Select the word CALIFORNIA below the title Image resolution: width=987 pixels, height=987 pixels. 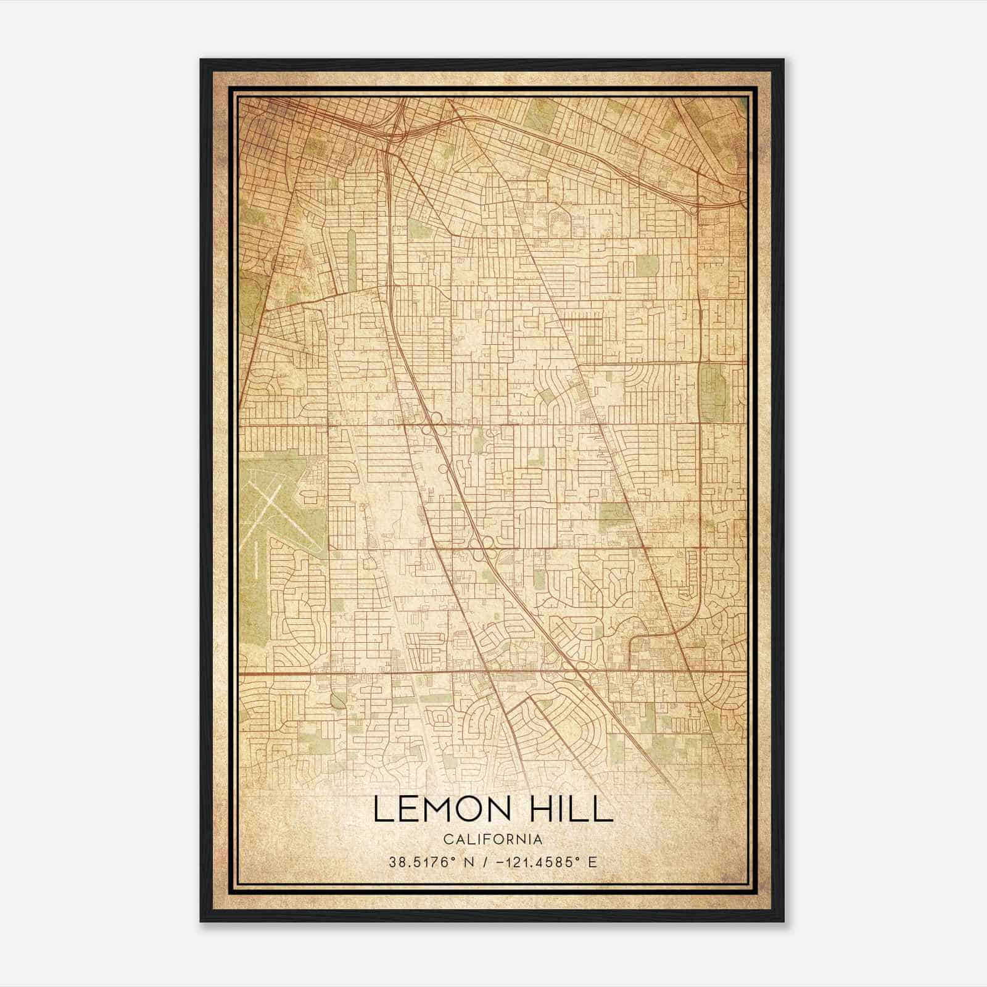point(492,839)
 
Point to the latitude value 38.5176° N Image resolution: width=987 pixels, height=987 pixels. point(428,862)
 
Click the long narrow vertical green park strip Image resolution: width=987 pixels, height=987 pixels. point(352,259)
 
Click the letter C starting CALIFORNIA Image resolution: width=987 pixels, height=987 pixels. point(445,839)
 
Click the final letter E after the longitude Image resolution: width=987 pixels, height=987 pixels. point(593,862)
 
